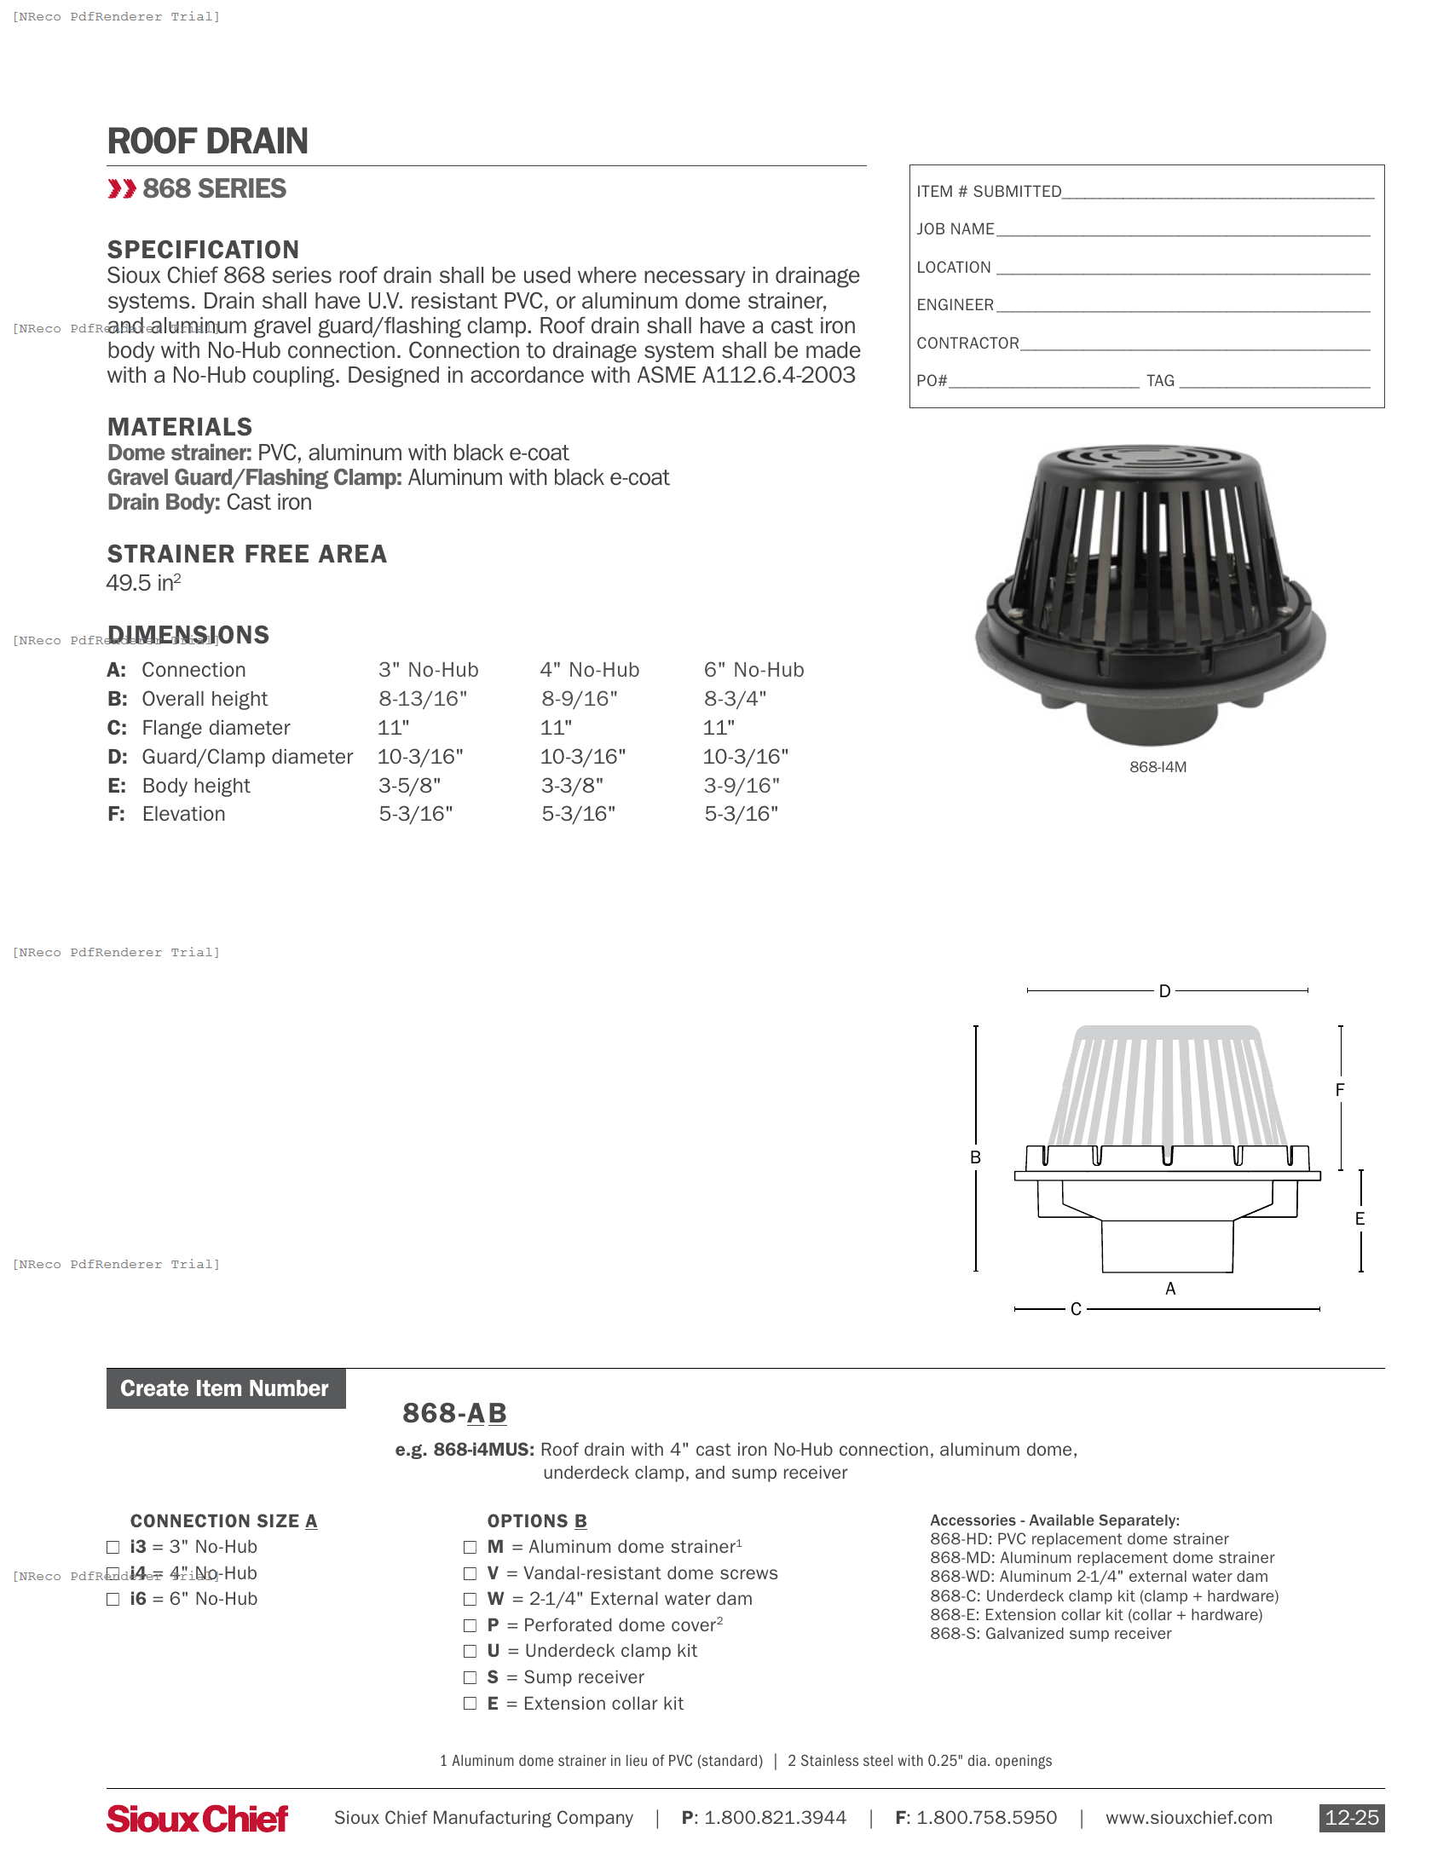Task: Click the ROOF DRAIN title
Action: (x=207, y=141)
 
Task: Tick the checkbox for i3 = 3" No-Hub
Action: (x=113, y=1547)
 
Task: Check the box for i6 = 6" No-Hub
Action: (x=113, y=1600)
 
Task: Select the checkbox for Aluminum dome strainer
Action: (x=470, y=1547)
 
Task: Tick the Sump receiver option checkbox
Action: (x=470, y=1677)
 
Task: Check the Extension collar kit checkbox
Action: (x=470, y=1705)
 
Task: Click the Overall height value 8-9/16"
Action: (x=580, y=699)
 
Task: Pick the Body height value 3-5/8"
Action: (x=409, y=786)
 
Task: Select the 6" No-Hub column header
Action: (x=753, y=670)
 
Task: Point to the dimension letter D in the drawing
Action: (x=1164, y=991)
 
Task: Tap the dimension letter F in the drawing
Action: (x=1339, y=1090)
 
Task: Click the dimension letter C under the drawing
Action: (x=1076, y=1309)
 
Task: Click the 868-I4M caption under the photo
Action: (x=1157, y=768)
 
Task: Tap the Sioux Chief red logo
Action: (x=198, y=1819)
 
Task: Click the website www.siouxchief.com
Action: (x=1188, y=1819)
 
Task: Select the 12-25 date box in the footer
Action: (x=1351, y=1819)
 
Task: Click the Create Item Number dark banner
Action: (x=225, y=1389)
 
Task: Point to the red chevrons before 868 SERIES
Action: (x=122, y=189)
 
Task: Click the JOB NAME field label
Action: (x=955, y=229)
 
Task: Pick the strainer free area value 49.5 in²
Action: (x=143, y=583)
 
